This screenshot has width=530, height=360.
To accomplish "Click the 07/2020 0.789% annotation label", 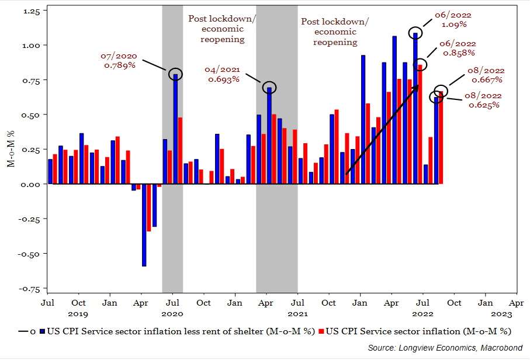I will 120,61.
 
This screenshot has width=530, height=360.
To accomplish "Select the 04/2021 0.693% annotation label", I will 221,74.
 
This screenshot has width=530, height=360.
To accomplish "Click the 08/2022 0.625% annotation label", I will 483,100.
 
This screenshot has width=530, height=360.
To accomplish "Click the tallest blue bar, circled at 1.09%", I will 415,108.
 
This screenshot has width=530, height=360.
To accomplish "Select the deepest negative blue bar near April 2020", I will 144,225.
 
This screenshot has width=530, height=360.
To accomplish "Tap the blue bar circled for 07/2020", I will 175,129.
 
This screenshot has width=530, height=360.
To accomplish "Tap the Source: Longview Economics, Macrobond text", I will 445,348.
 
